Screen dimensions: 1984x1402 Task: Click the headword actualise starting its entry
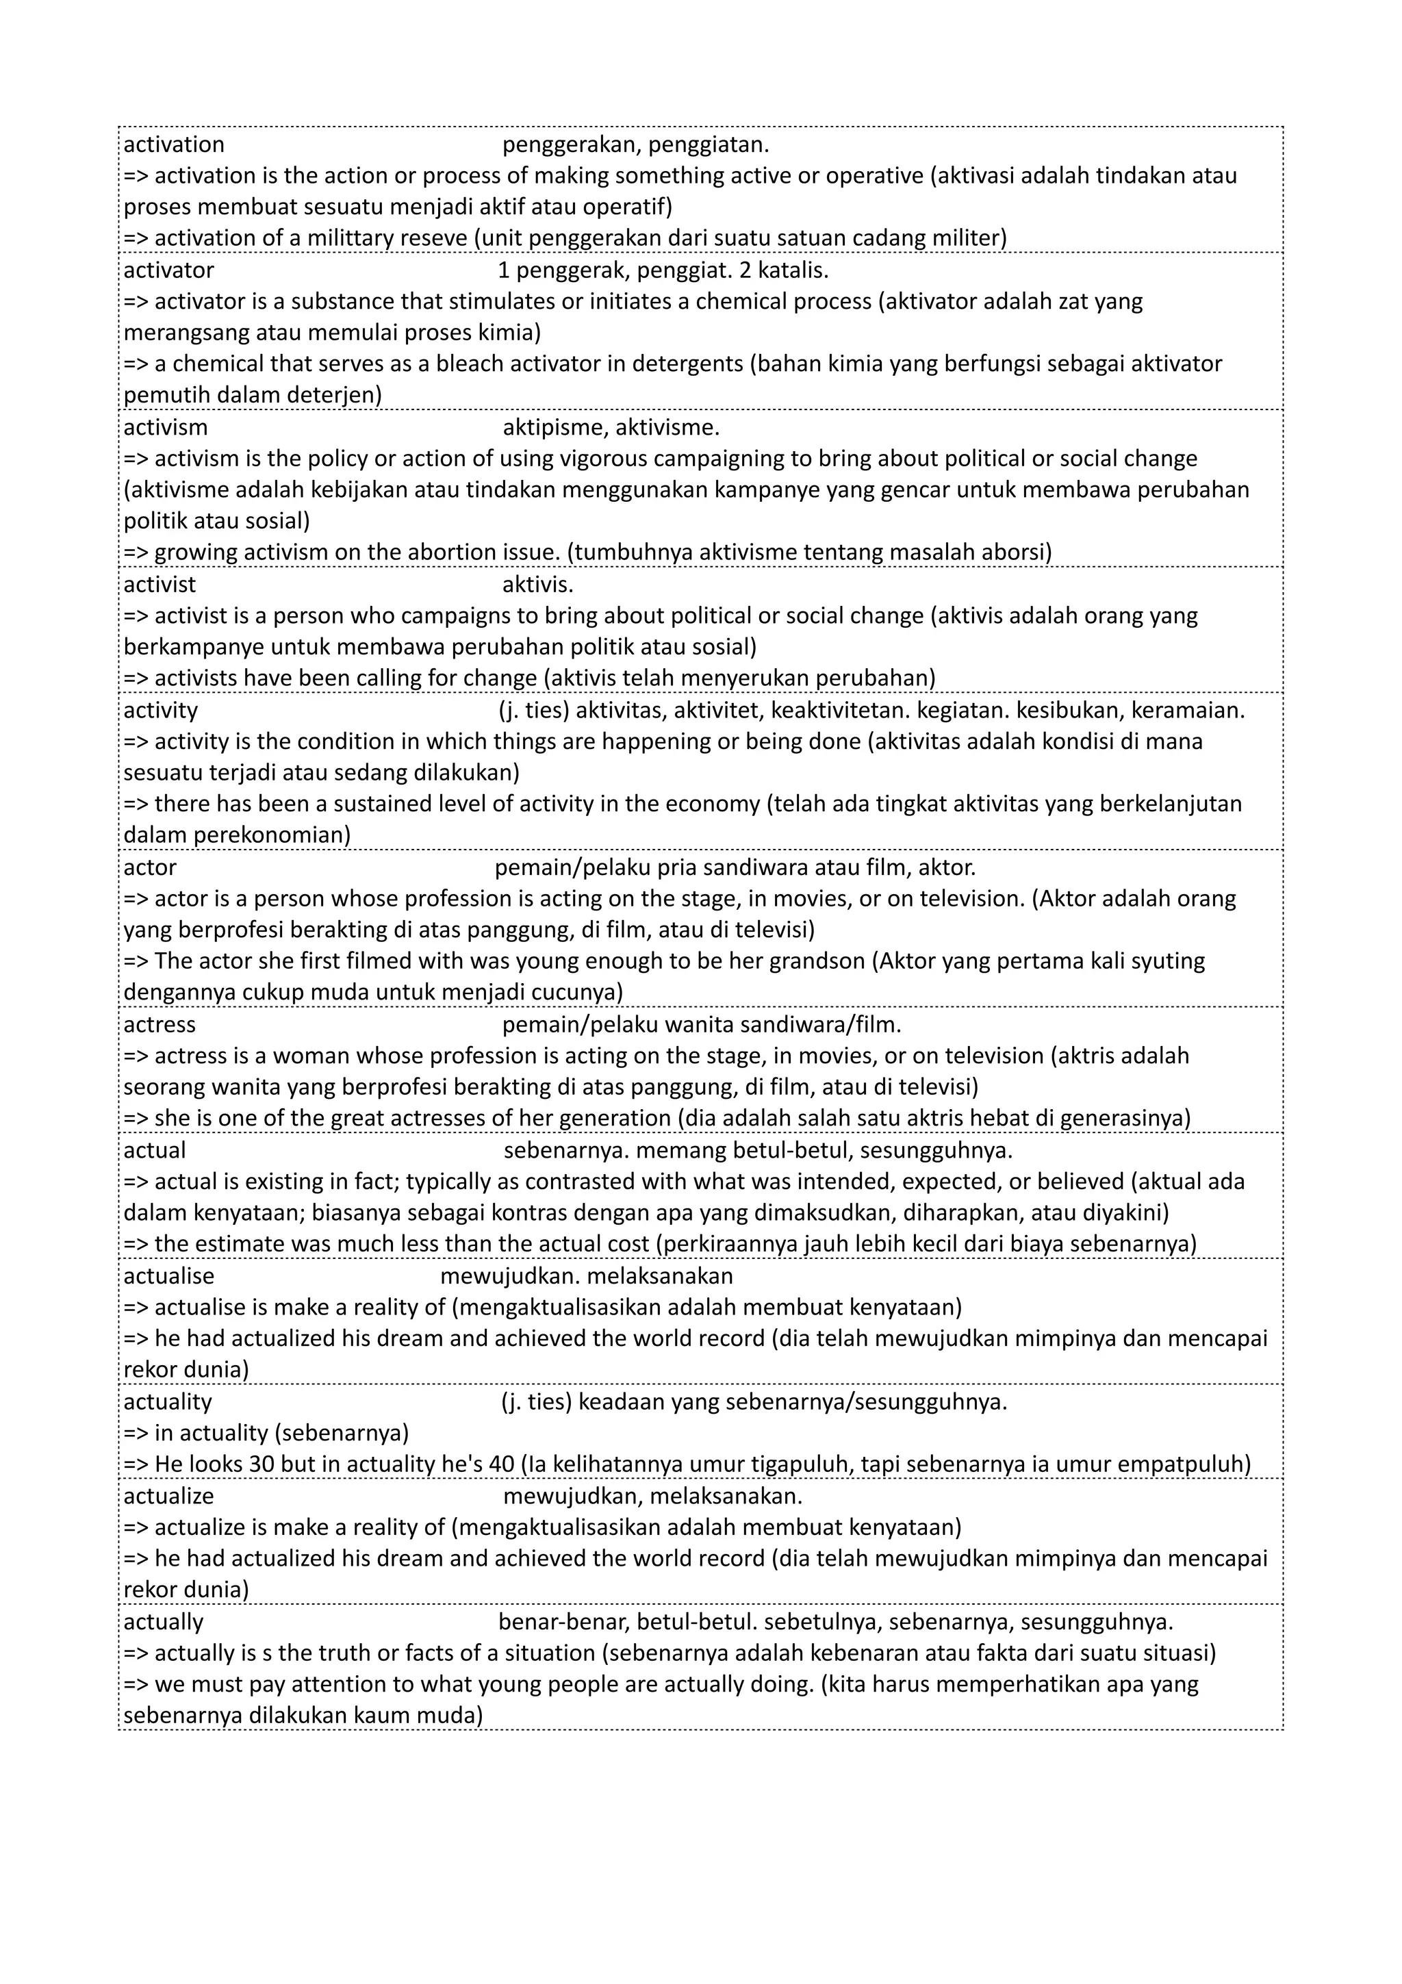168,1276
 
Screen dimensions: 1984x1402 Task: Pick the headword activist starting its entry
160,585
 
